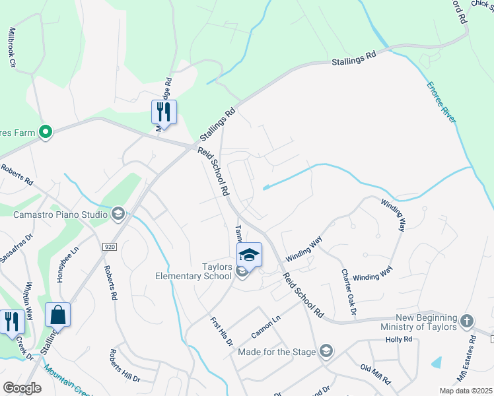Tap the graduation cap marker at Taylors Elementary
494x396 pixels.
click(x=250, y=255)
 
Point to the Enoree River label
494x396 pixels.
click(x=440, y=102)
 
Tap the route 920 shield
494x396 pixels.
click(x=110, y=246)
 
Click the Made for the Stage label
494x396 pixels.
click(x=277, y=352)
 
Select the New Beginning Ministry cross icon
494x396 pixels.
click(x=467, y=321)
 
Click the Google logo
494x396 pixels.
click(x=22, y=388)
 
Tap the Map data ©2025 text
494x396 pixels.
click(x=465, y=391)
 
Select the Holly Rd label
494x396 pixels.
click(x=399, y=340)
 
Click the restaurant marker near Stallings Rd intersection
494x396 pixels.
click(x=164, y=112)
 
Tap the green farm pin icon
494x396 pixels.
click(x=46, y=133)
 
